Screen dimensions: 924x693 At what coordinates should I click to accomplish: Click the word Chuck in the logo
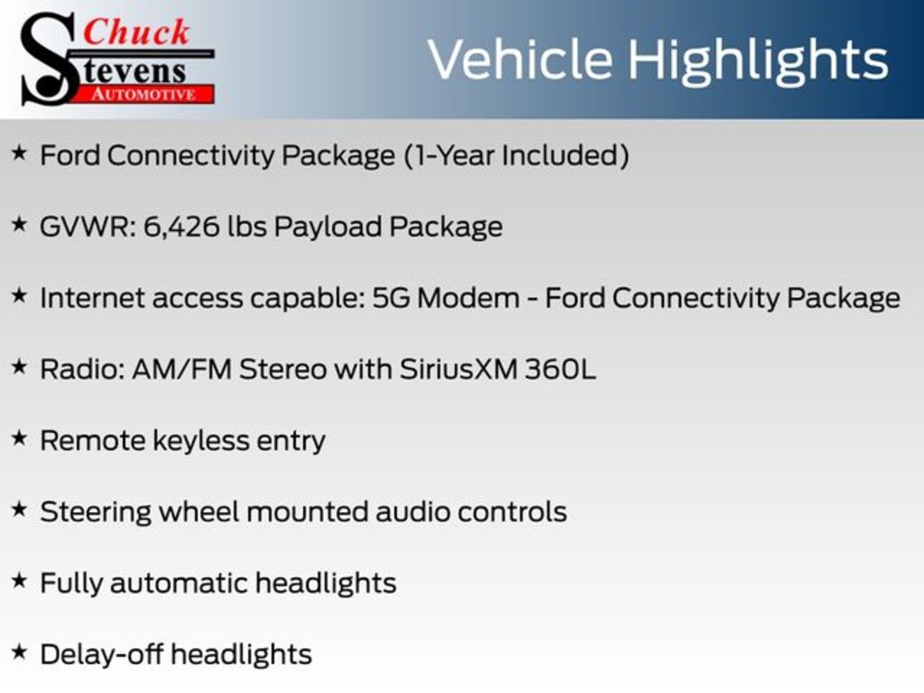[136, 32]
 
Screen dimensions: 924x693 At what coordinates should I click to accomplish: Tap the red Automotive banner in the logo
[144, 94]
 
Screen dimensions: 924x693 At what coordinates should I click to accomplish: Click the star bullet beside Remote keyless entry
[20, 439]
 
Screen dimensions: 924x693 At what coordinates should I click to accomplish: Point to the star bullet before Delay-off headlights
[20, 652]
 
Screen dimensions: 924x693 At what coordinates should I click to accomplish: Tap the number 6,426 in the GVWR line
[180, 227]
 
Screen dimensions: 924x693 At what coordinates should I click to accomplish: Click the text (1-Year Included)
[517, 156]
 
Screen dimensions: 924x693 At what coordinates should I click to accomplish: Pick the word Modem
[468, 298]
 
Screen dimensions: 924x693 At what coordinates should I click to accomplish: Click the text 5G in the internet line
[391, 298]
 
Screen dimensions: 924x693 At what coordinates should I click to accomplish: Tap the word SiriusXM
[457, 369]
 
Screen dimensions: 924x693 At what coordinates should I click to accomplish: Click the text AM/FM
[181, 369]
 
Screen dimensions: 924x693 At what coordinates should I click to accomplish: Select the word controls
[513, 512]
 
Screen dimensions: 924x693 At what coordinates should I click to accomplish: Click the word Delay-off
[101, 654]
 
